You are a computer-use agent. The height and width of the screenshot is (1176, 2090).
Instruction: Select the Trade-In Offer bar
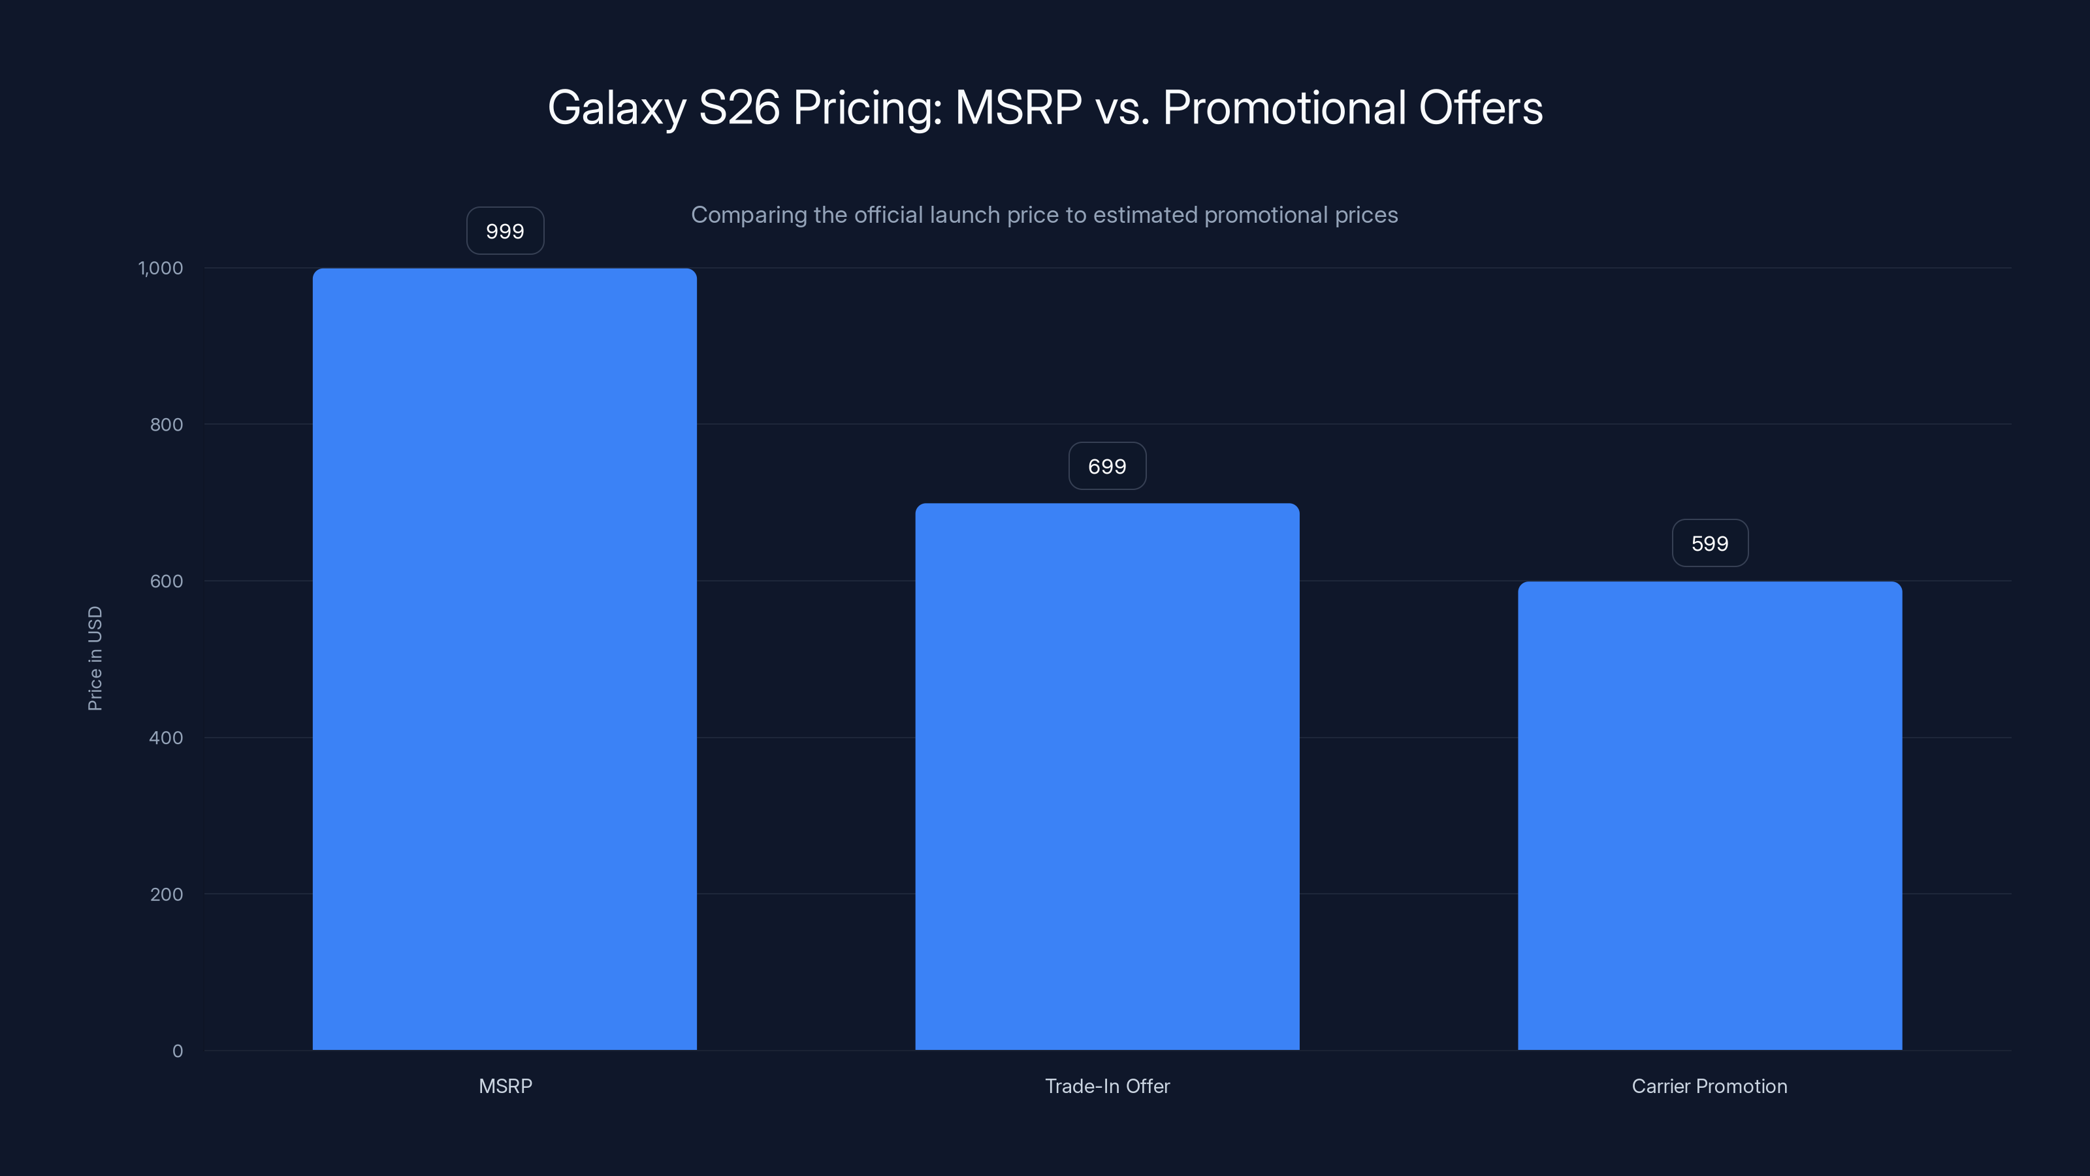(1106, 776)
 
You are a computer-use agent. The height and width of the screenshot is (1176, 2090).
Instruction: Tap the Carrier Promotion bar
(1709, 815)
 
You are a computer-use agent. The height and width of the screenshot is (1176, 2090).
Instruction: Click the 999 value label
(505, 231)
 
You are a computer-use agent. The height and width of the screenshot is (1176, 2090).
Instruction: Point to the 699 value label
(1106, 466)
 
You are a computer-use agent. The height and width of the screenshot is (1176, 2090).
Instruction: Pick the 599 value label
(1709, 544)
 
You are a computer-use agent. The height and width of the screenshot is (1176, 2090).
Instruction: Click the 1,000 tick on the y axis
(161, 268)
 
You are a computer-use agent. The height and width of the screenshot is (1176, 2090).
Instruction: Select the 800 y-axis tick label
(167, 425)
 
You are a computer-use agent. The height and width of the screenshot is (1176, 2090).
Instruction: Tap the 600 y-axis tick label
(167, 581)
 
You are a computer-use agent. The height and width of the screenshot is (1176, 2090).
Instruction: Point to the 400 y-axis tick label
(167, 738)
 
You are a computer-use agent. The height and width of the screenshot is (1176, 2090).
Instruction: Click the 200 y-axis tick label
(167, 894)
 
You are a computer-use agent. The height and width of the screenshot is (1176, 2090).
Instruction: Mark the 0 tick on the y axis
(178, 1051)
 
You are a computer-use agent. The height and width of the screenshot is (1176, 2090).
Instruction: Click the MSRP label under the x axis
(505, 1086)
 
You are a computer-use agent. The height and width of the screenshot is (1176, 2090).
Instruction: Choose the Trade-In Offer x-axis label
(1106, 1086)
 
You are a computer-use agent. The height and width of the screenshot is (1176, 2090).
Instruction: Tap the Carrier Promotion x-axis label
(1709, 1086)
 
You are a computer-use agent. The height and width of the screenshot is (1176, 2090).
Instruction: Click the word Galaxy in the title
(617, 108)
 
